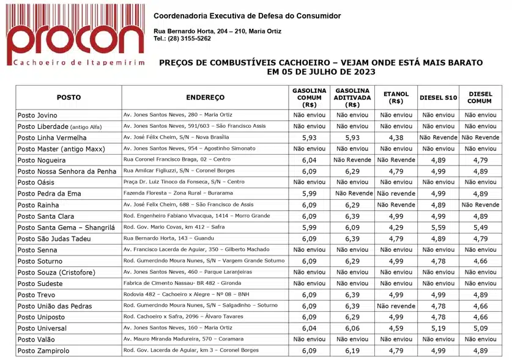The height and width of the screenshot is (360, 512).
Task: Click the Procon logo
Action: [x=75, y=35]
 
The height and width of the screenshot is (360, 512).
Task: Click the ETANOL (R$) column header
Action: [x=396, y=98]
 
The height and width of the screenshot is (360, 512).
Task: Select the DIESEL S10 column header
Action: [x=438, y=98]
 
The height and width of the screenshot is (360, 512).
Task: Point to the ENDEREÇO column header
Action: [x=205, y=98]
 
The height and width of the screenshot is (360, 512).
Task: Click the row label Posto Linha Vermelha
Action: [x=52, y=138]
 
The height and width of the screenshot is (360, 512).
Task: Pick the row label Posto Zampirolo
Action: [x=43, y=351]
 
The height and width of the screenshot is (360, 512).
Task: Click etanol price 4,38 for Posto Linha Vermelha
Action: [x=396, y=138]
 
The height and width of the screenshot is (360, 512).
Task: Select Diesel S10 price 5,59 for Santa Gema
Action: [x=438, y=227]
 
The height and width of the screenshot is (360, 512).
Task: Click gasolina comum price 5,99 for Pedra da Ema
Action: [x=309, y=194]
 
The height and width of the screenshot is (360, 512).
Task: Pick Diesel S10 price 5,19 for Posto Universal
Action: [x=438, y=328]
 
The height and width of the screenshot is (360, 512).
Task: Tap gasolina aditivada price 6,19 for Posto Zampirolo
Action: [x=352, y=351]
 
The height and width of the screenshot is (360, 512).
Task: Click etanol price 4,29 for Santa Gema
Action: [x=396, y=227]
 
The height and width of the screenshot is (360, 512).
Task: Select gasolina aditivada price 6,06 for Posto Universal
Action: [x=352, y=328]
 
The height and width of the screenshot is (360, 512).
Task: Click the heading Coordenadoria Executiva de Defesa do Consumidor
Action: [x=247, y=16]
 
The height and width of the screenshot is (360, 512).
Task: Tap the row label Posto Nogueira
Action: [x=42, y=160]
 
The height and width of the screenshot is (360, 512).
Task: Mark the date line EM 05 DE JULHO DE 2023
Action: [x=321, y=72]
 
